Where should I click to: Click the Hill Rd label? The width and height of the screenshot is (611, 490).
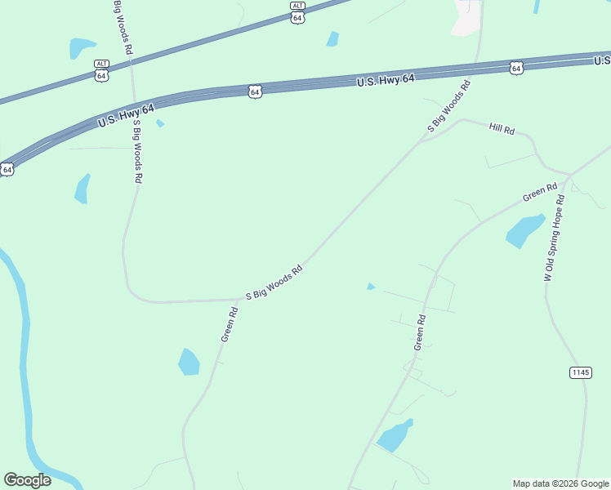click(502, 129)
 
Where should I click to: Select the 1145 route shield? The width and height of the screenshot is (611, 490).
click(580, 372)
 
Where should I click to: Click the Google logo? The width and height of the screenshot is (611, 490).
click(27, 480)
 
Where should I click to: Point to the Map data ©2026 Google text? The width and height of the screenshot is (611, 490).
click(560, 483)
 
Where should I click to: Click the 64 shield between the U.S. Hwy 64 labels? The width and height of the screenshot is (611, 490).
click(256, 92)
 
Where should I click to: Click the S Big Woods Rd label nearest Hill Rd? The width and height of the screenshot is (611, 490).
click(449, 107)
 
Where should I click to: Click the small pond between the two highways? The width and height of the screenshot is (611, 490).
click(332, 38)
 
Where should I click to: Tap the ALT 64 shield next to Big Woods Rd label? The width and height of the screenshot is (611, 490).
click(101, 69)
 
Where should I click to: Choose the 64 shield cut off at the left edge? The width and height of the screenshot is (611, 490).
click(7, 169)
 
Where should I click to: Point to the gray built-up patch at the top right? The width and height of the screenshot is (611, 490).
click(467, 18)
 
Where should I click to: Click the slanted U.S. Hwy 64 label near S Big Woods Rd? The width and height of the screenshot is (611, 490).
click(126, 115)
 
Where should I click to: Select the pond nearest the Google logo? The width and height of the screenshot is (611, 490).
click(189, 362)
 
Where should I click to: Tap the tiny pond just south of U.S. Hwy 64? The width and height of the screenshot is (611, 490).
click(160, 123)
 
